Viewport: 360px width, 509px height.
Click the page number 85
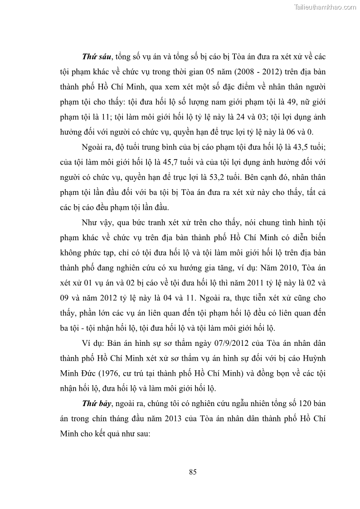193,472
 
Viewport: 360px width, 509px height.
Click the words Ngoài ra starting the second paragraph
95,148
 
